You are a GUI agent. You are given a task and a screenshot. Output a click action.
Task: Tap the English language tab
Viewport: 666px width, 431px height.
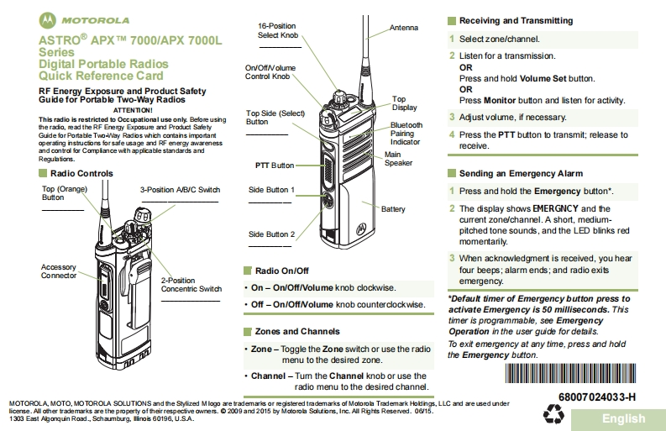(623, 418)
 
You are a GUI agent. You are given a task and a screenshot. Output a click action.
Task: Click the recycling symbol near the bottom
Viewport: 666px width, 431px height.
(555, 413)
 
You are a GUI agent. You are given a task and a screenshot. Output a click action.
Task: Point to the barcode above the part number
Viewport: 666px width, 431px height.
(584, 374)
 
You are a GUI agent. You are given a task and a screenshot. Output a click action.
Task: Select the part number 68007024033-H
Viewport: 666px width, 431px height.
(596, 396)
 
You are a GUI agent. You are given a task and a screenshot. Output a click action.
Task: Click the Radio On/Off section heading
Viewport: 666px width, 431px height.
(282, 271)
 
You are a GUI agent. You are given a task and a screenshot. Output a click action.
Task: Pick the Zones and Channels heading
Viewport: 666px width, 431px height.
(297, 331)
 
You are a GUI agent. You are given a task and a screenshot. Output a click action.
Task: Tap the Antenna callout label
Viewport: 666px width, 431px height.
(403, 28)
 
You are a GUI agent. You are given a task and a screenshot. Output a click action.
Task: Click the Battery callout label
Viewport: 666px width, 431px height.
(393, 208)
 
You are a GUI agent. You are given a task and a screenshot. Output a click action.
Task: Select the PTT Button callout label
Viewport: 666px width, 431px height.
(275, 166)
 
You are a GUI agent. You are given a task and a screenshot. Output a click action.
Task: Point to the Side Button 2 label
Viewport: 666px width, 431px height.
(271, 234)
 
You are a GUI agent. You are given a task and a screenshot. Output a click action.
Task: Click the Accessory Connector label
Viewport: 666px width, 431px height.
(59, 271)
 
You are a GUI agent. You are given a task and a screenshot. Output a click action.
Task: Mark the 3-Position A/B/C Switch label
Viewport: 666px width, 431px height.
(180, 190)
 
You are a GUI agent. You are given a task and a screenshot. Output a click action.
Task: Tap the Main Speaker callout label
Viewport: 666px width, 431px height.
(398, 159)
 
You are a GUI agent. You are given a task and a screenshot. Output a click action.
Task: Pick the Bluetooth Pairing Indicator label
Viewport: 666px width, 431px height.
(406, 134)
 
